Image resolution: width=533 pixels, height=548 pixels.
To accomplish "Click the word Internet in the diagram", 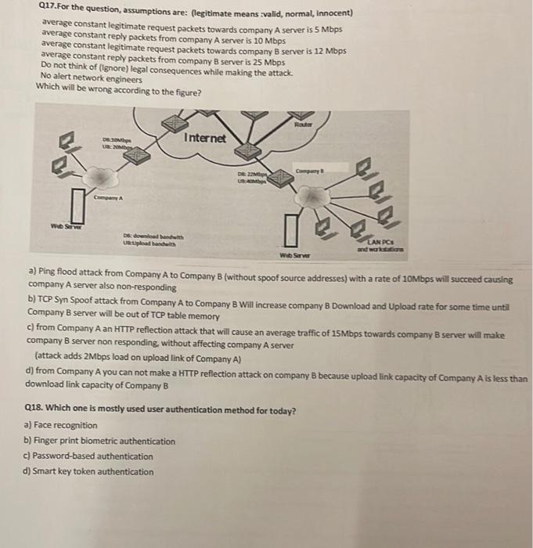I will pyautogui.click(x=205, y=139).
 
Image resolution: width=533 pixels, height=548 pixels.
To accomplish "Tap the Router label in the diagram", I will pyautogui.click(x=303, y=124).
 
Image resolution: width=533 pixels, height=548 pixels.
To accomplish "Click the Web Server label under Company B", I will pyautogui.click(x=295, y=254).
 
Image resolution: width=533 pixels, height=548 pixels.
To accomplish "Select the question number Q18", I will pyautogui.click(x=37, y=409).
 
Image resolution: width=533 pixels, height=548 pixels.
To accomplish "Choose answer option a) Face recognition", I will pyautogui.click(x=62, y=425).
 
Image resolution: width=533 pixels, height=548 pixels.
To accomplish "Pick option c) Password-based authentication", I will pyautogui.click(x=89, y=456).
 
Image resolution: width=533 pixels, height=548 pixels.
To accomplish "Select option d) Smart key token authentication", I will pyautogui.click(x=90, y=471).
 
